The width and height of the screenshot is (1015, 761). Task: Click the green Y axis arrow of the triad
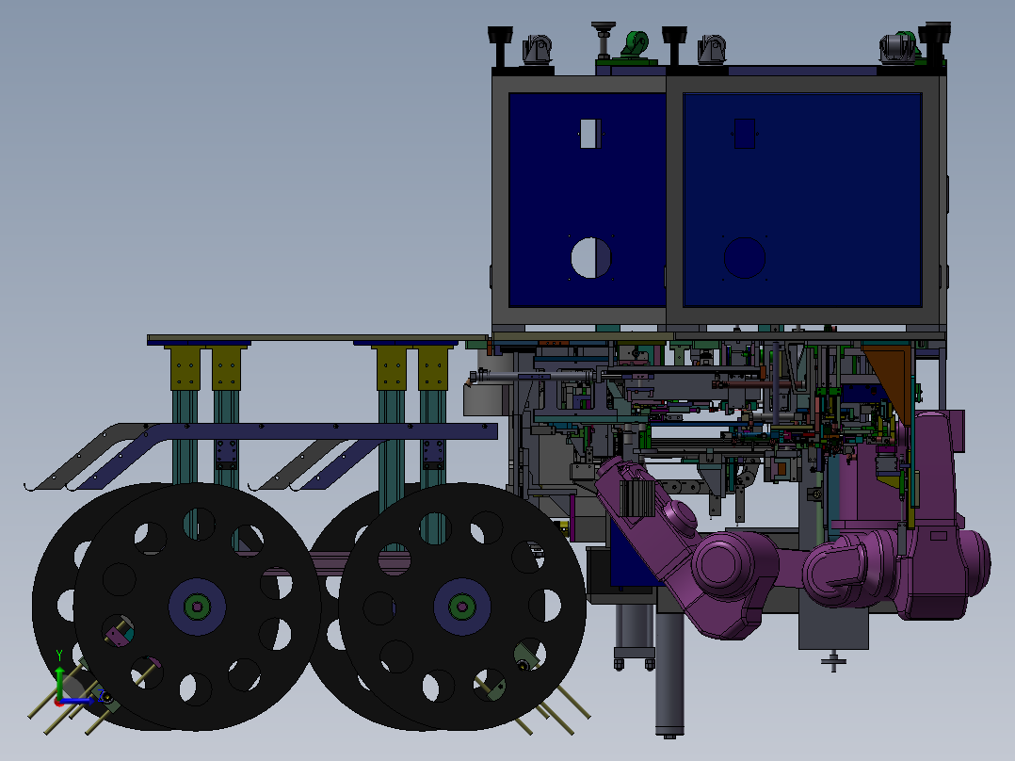(59, 683)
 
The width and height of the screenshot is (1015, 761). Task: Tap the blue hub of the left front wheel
(197, 607)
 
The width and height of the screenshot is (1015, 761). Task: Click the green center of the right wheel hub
(462, 607)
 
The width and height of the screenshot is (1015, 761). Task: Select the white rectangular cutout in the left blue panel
(589, 134)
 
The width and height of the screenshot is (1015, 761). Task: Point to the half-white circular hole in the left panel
(591, 258)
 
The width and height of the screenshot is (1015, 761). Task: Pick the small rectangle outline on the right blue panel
(745, 134)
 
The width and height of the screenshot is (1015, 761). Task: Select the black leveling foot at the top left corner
(500, 45)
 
